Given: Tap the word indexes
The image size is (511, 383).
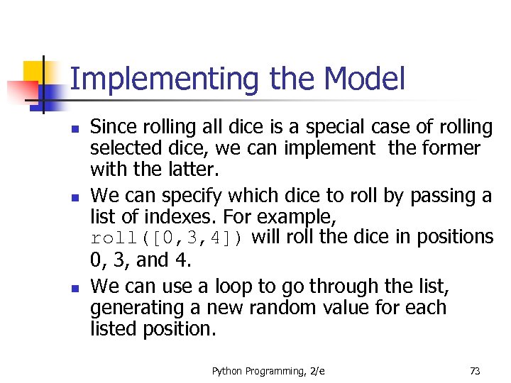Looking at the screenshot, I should pos(185,216).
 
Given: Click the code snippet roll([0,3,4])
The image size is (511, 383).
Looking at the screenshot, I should pos(167,238).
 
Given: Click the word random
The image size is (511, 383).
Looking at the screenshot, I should pos(269,308).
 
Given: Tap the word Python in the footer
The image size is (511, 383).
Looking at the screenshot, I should pos(226,370).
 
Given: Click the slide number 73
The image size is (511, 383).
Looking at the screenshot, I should pos(474,370).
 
